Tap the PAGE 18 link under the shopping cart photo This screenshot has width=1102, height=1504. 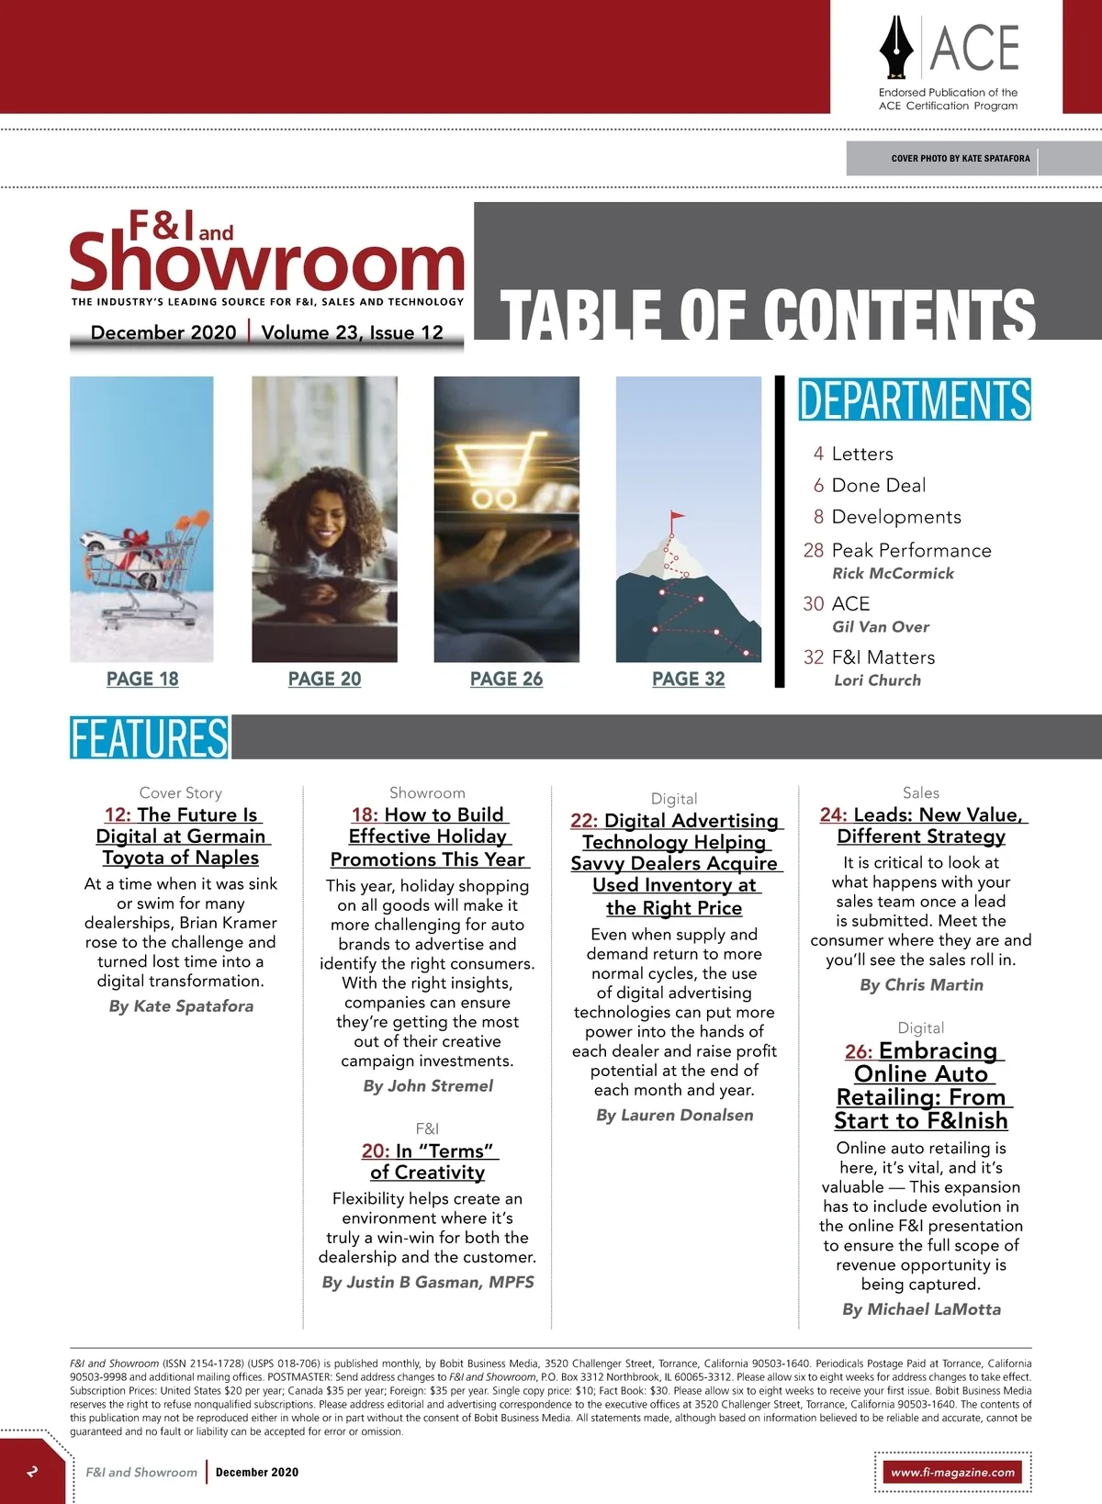coord(142,679)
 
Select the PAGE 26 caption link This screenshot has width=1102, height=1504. coord(506,679)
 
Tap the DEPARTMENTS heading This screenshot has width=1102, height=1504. coord(914,400)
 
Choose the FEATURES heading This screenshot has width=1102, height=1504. coord(150,738)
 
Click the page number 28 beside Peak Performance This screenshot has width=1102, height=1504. coord(814,550)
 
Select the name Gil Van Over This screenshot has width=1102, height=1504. coord(881,626)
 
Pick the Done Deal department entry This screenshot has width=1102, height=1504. coord(878,485)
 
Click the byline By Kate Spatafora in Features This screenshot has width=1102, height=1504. coord(181,1005)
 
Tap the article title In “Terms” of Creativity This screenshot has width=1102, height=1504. coord(428,1162)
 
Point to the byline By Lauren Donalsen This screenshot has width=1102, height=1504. coord(674,1115)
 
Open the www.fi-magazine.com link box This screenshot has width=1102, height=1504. coord(952,1472)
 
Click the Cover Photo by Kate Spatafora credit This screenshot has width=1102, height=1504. coord(960,158)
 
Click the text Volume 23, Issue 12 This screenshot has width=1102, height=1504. coord(352,332)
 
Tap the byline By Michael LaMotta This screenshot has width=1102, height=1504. coord(921,1309)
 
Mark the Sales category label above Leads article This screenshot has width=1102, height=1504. coord(921,792)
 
